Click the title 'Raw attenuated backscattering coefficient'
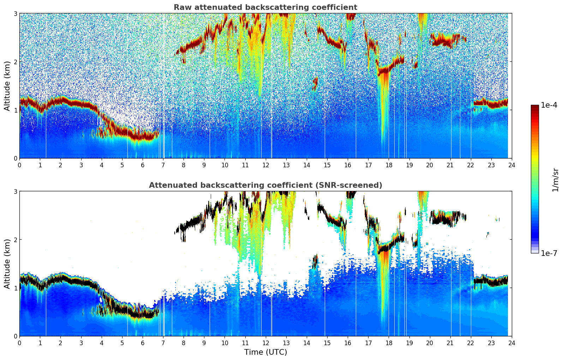coord(265,7)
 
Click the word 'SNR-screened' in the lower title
coord(354,185)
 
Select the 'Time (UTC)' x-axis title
coord(265,352)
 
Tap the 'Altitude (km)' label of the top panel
coord(7,86)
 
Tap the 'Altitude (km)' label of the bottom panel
coord(7,264)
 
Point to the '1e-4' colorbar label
coord(549,105)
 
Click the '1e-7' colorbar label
coord(549,253)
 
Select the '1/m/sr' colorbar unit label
coord(555,180)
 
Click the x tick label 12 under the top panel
coord(265,165)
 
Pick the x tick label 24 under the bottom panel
coord(511,343)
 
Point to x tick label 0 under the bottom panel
coord(19,343)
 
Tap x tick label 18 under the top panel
coord(389,165)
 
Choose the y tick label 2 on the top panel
coord(16,62)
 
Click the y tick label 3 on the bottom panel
coord(16,191)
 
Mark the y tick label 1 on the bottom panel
coord(16,288)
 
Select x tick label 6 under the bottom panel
coord(143,343)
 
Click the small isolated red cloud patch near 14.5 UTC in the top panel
coord(315,84)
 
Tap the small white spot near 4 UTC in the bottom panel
coord(101,300)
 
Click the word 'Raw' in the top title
coord(181,7)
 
